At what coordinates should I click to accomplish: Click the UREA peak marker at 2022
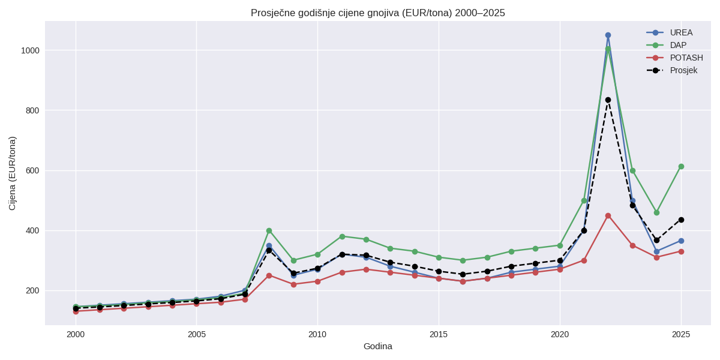(608, 35)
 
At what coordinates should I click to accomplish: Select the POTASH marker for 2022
(608, 215)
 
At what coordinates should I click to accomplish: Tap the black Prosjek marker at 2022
(608, 100)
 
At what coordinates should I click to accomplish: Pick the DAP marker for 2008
(269, 230)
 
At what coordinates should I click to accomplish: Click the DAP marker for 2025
(681, 166)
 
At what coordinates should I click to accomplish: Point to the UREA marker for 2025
(681, 241)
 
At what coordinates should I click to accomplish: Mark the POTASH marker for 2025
(681, 251)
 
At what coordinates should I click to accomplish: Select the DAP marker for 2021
(584, 200)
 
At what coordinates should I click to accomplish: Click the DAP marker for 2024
(656, 212)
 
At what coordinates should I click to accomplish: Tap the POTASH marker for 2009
(293, 284)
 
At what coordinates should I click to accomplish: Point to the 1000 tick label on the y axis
(30, 50)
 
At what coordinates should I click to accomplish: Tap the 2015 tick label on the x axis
(439, 334)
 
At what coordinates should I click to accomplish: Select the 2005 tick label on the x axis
(196, 334)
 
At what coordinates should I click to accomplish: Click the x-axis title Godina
(378, 346)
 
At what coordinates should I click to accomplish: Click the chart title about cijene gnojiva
(378, 13)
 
